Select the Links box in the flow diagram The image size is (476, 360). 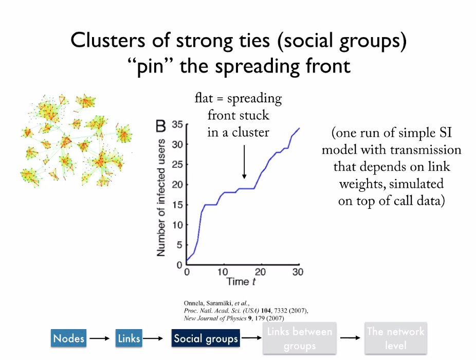[129, 338]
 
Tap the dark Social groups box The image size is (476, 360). [206, 338]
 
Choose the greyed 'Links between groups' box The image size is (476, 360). [300, 338]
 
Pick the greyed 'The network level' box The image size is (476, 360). [396, 338]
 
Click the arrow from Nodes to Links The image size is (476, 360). [101, 338]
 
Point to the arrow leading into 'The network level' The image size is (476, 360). [349, 338]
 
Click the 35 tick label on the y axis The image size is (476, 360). [177, 124]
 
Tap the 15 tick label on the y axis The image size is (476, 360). [177, 205]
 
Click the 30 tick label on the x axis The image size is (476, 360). [298, 272]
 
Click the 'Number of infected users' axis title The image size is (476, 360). [161, 197]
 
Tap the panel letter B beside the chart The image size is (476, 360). [161, 125]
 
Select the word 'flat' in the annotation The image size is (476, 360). [205, 98]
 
